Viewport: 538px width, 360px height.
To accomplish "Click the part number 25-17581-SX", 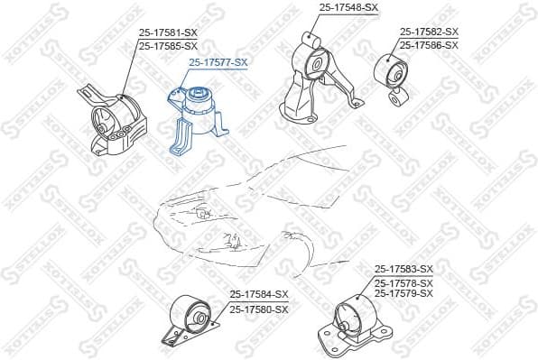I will point(167,32).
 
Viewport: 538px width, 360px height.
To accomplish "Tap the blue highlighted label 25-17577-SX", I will point(218,62).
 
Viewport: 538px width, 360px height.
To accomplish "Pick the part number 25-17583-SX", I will point(403,269).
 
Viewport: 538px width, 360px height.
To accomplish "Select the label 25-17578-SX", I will point(403,282).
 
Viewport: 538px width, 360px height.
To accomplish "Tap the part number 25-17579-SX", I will point(403,293).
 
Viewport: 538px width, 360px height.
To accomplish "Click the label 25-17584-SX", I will point(258,295).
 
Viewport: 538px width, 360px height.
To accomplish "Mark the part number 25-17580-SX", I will point(258,309).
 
